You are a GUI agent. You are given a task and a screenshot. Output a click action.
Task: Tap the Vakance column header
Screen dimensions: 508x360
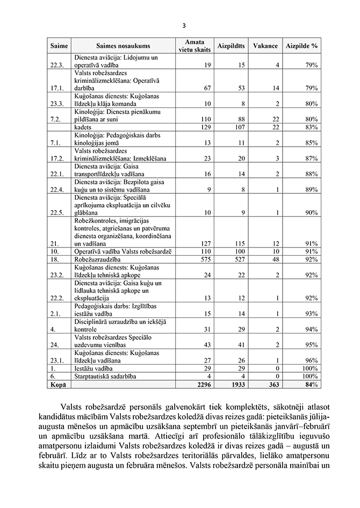point(265,46)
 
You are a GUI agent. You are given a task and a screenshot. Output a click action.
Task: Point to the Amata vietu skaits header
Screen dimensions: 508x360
point(194,46)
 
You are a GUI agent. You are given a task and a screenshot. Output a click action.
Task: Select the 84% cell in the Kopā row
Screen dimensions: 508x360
point(311,384)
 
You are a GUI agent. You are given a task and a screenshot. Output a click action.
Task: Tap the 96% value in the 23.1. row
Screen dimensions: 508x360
point(311,360)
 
